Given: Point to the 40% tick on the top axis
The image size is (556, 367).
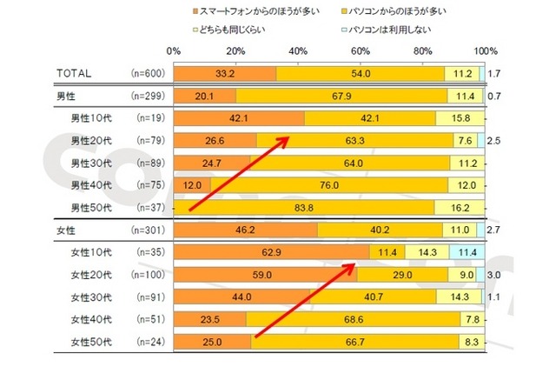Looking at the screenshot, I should [x=298, y=51].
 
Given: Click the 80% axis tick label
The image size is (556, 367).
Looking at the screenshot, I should [x=423, y=51].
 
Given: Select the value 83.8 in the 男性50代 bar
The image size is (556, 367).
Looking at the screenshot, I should [x=304, y=208].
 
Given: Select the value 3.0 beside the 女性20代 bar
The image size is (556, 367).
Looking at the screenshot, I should [x=493, y=275].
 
